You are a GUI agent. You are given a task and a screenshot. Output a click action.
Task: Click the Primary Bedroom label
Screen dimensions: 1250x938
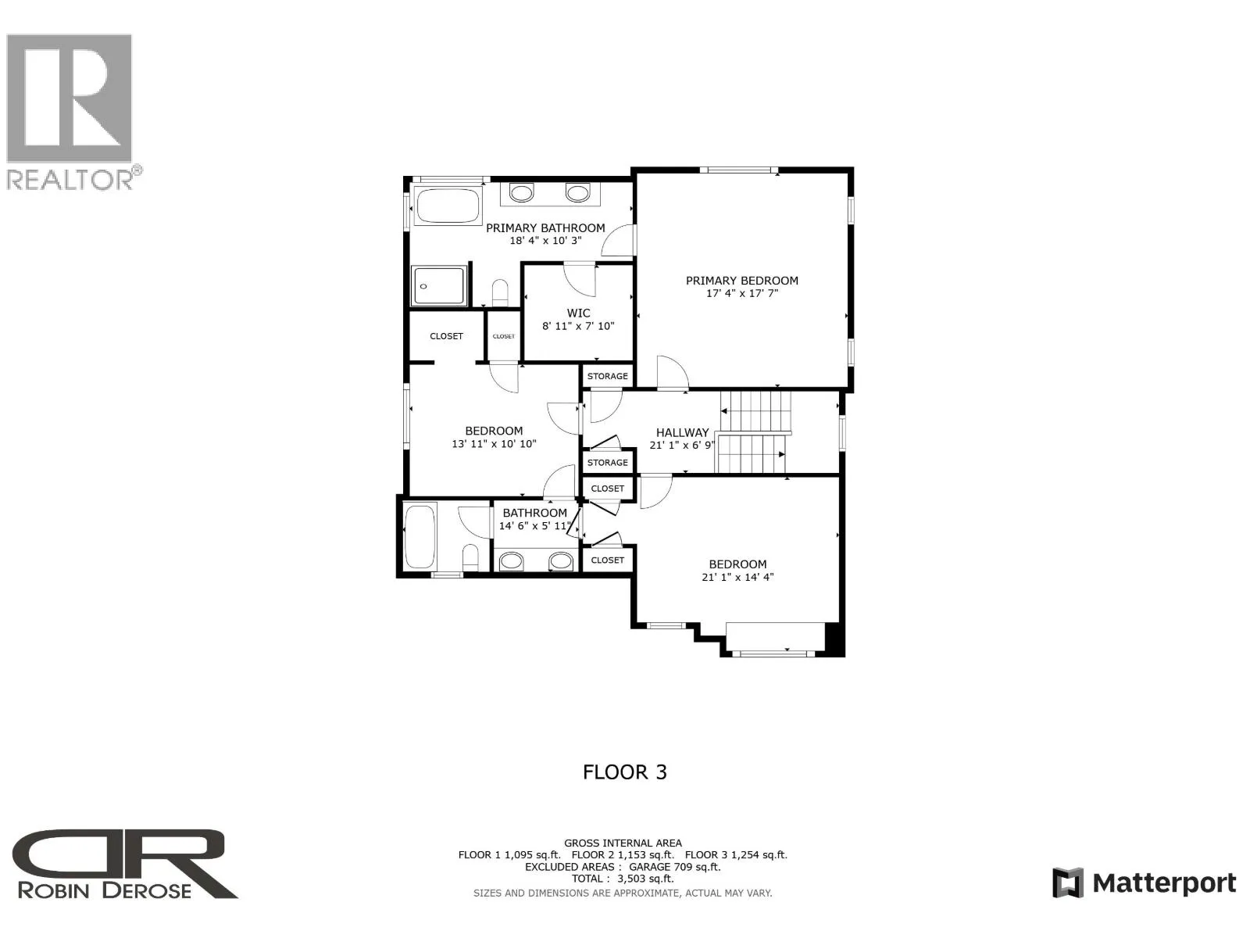(x=741, y=281)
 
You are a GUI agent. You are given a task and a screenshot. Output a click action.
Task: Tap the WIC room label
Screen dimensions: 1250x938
(x=578, y=313)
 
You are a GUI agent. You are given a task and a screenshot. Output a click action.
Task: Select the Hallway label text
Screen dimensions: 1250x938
(x=682, y=433)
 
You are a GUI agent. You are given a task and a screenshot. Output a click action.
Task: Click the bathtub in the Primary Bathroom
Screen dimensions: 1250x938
(x=448, y=206)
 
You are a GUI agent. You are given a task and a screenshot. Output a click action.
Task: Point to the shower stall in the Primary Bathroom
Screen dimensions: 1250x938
(x=439, y=286)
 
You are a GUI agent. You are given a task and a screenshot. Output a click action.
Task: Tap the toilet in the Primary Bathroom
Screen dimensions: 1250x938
(x=500, y=292)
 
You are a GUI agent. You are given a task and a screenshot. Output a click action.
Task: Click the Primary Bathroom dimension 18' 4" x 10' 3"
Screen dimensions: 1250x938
(x=545, y=241)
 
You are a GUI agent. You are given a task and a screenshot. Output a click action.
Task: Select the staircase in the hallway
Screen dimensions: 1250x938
(x=753, y=432)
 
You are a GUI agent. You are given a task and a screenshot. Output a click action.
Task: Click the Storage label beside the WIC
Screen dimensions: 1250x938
(x=608, y=377)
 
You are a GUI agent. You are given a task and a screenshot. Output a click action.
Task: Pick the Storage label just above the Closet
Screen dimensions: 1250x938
(x=608, y=463)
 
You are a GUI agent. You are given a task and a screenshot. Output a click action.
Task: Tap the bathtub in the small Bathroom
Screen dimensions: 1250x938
(x=420, y=536)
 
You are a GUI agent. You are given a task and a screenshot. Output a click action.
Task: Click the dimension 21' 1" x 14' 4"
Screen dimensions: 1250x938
(x=737, y=578)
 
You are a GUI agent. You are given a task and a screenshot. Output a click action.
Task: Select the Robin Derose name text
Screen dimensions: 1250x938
(x=105, y=890)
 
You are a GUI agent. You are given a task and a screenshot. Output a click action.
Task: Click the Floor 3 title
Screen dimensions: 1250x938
(x=625, y=773)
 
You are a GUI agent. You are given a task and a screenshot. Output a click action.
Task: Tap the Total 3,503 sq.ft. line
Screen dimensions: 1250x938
(x=623, y=879)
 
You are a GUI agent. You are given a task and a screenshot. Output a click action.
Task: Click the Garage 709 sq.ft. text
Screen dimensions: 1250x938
(x=675, y=867)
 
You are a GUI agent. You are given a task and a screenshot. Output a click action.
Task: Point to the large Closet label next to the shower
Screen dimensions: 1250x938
(x=446, y=337)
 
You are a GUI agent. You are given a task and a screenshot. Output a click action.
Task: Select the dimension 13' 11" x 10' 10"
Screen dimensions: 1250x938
(x=494, y=444)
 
